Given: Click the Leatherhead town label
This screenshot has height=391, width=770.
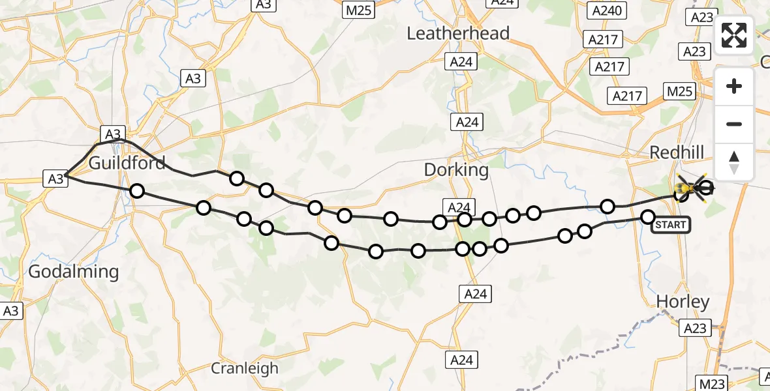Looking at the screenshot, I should point(458,33).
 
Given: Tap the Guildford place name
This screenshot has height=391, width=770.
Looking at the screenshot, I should point(127,162).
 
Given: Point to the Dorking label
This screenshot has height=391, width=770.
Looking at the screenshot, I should point(456,170).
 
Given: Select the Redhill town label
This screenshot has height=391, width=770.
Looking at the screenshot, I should point(677,152).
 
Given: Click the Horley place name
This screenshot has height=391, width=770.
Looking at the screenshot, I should point(683,302).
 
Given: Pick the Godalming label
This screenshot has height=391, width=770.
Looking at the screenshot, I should point(74,272).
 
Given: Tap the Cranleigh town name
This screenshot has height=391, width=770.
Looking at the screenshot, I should point(244,368).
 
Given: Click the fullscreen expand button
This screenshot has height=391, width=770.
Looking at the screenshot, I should point(734,35).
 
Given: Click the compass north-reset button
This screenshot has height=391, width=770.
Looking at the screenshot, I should point(734,162).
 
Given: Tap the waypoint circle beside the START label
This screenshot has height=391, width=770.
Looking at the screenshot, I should point(648,217).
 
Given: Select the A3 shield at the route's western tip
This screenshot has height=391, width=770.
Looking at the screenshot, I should point(56,178).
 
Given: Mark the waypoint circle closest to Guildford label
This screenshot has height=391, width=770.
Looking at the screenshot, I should point(136,191).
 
